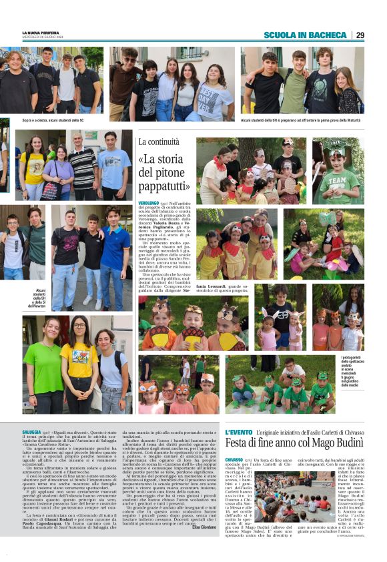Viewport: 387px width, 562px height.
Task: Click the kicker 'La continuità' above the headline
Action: coord(159,142)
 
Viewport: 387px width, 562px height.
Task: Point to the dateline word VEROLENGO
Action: coord(148,202)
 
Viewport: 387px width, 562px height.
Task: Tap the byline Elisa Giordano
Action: coord(204,527)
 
